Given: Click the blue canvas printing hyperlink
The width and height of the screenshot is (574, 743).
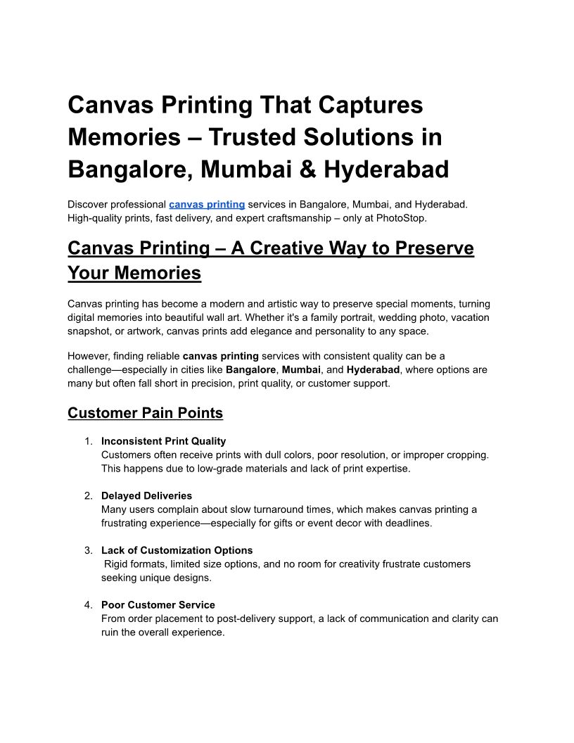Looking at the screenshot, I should (x=207, y=204).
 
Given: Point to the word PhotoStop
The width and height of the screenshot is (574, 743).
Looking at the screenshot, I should (x=401, y=217).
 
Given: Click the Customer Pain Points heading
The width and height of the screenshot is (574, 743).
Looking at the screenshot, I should (x=145, y=413).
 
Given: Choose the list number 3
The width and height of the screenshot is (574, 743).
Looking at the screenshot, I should (x=88, y=550).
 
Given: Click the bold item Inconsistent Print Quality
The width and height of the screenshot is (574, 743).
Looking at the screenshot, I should (x=163, y=441).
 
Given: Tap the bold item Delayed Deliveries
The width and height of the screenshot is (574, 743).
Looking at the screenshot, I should (x=146, y=496).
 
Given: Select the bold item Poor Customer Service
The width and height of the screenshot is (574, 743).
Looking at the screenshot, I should (x=158, y=605).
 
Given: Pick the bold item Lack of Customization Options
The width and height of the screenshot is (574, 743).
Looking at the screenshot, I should (x=177, y=550).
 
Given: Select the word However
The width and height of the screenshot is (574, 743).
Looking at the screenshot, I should (x=88, y=356).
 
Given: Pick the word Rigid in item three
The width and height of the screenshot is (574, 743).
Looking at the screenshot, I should (x=117, y=564).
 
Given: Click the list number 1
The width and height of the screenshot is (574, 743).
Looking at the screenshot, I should (x=88, y=441).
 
